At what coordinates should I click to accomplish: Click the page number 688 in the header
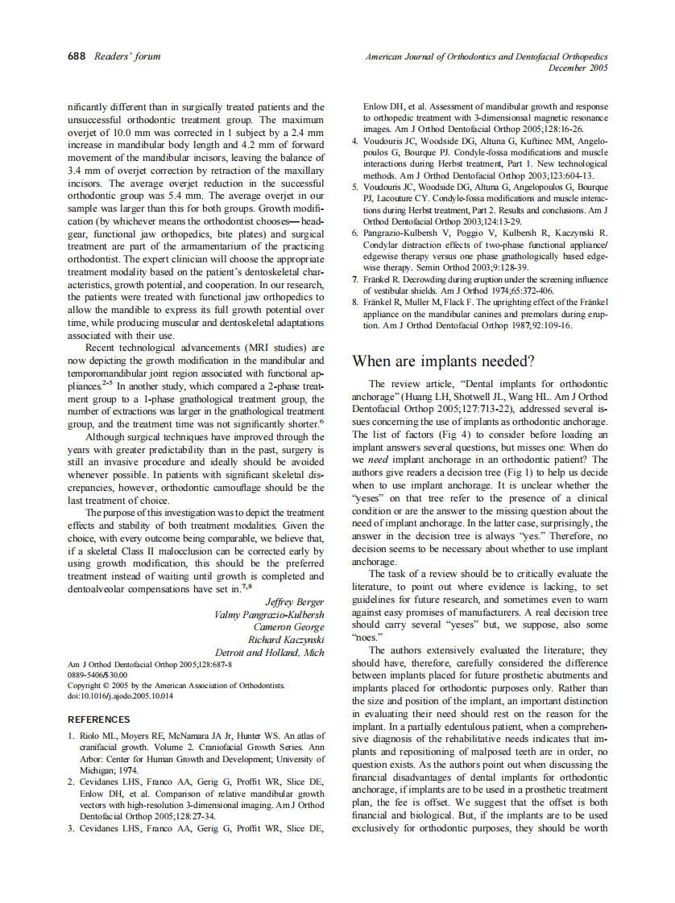coord(78,56)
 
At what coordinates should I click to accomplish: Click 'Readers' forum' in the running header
coord(127,56)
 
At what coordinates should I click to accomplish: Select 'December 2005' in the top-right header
coord(578,68)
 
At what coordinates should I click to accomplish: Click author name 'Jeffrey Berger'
coord(294,601)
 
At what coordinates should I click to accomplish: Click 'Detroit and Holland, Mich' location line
coord(269,653)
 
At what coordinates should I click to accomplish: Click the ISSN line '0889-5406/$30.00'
coord(102,675)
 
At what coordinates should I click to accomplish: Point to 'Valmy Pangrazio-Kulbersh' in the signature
coord(269,614)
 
